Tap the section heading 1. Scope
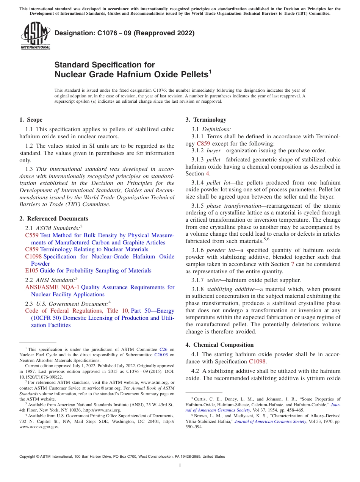[31, 120]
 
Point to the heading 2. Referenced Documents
[54, 219]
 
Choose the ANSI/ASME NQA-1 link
[52, 287]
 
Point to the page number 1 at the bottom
[180, 466]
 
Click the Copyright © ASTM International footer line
[122, 457]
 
